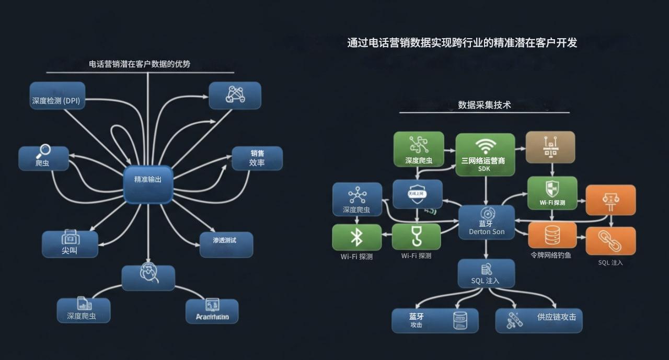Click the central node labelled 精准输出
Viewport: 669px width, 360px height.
pyautogui.click(x=148, y=184)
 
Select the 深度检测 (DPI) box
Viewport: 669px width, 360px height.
pyautogui.click(x=57, y=96)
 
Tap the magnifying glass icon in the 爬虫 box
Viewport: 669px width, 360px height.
pyautogui.click(x=43, y=152)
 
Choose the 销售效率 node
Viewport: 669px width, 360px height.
pyautogui.click(x=257, y=158)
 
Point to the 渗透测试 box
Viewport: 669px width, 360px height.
pyautogui.click(x=226, y=244)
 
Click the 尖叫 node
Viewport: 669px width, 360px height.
pyautogui.click(x=70, y=243)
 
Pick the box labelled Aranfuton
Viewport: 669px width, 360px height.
pyautogui.click(x=212, y=311)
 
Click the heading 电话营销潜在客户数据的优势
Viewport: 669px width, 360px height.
pyautogui.click(x=140, y=64)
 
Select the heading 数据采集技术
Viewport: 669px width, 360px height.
pyautogui.click(x=484, y=105)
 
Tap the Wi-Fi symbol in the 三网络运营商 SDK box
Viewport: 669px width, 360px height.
pyautogui.click(x=485, y=145)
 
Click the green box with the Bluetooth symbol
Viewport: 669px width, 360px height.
pyautogui.click(x=356, y=237)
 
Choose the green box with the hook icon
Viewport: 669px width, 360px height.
pyautogui.click(x=416, y=237)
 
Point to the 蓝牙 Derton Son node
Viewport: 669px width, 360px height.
pyautogui.click(x=486, y=222)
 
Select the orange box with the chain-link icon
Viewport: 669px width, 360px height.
pyautogui.click(x=610, y=240)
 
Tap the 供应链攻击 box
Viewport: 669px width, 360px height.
pyautogui.click(x=538, y=320)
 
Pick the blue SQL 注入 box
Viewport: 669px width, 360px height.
pyautogui.click(x=486, y=273)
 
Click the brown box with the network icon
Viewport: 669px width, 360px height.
pyautogui.click(x=550, y=147)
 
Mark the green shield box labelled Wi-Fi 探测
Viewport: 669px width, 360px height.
pyautogui.click(x=552, y=193)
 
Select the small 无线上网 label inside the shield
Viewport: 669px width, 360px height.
pyautogui.click(x=417, y=193)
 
